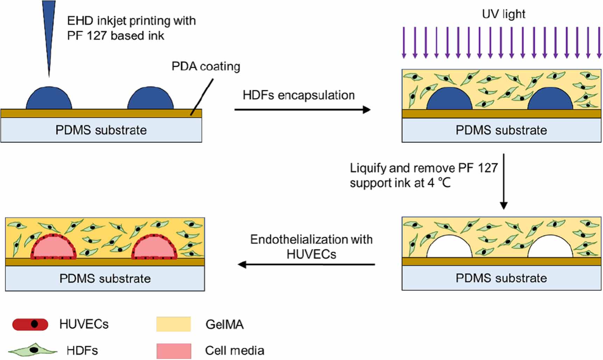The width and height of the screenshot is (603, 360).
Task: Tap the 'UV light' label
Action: pyautogui.click(x=503, y=14)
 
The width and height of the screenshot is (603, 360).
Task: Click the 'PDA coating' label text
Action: pyautogui.click(x=206, y=66)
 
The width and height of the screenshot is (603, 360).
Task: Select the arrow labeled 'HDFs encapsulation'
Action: pyautogui.click(x=302, y=110)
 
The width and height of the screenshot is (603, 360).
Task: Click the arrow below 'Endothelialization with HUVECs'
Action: pyautogui.click(x=306, y=264)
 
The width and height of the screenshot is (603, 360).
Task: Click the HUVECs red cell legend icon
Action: pyautogui.click(x=30, y=324)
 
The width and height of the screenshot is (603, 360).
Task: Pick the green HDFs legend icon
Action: pyautogui.click(x=33, y=350)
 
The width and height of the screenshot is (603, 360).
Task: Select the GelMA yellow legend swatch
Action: pyautogui.click(x=173, y=324)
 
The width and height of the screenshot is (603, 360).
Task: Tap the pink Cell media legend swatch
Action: pyautogui.click(x=174, y=351)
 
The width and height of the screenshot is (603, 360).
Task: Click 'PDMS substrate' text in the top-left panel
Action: pyautogui.click(x=101, y=130)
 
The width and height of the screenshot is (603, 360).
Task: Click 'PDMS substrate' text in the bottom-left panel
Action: pyautogui.click(x=105, y=278)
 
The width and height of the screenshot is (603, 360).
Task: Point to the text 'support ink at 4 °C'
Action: pyautogui.click(x=400, y=183)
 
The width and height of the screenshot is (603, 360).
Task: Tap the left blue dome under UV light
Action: pyautogui.click(x=449, y=100)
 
